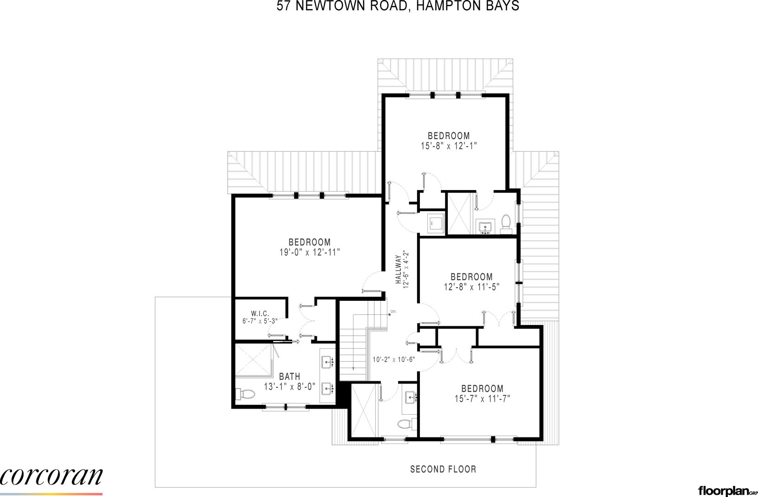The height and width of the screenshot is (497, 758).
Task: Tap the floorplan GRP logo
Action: point(727,491)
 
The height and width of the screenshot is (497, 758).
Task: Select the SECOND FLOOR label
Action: point(443,469)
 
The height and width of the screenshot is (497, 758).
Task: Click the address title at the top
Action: point(398,6)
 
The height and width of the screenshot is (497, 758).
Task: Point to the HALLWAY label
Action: point(398,270)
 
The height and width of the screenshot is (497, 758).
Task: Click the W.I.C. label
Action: point(260,314)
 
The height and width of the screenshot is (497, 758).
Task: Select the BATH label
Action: point(289,377)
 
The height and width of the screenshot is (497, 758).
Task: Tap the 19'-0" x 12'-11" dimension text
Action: point(309,252)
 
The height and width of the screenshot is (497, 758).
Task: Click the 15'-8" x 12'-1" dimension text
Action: point(449,146)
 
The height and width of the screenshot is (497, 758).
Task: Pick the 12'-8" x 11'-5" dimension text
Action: point(471,287)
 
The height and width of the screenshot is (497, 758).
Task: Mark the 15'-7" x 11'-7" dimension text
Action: point(482,398)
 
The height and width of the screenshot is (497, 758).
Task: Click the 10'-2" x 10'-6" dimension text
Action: point(393,359)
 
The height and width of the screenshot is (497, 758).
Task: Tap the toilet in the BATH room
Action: point(246,394)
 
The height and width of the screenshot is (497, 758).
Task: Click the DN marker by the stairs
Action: point(392,311)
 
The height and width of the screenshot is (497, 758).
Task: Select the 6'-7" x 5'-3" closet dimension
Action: point(260,321)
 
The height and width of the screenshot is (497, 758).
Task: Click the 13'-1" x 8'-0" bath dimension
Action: point(290,386)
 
